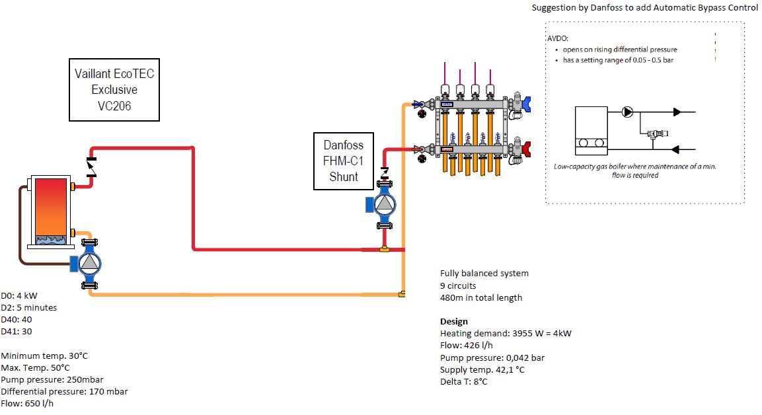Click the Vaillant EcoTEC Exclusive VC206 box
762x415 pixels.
pyautogui.click(x=114, y=89)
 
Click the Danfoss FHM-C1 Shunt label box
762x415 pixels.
pyautogui.click(x=344, y=161)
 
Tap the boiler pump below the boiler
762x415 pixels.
pyautogui.click(x=88, y=263)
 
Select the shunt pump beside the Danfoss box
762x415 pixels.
pyautogui.click(x=383, y=205)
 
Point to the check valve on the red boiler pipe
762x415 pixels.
pyautogui.click(x=92, y=168)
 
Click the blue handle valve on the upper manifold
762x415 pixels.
pyautogui.click(x=526, y=103)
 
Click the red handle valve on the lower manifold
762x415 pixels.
pyautogui.click(x=526, y=149)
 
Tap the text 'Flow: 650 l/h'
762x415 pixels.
pyautogui.click(x=27, y=403)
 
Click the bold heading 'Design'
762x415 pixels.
pyautogui.click(x=454, y=321)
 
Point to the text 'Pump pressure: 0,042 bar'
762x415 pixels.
pyautogui.click(x=492, y=358)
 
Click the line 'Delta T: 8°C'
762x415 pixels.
pyautogui.click(x=464, y=381)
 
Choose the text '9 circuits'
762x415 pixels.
pyautogui.click(x=458, y=285)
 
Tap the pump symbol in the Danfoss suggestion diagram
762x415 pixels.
pyautogui.click(x=627, y=112)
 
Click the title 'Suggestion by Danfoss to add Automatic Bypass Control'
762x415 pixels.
pyautogui.click(x=645, y=8)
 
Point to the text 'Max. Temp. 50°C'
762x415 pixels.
pyautogui.click(x=35, y=367)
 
